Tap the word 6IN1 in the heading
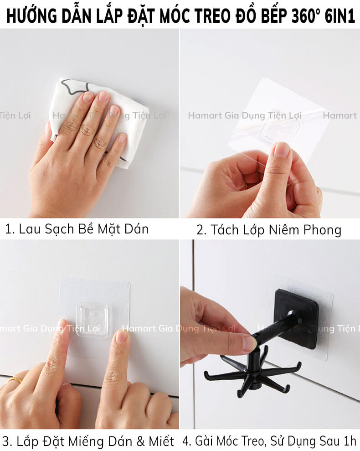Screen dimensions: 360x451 (339, 16)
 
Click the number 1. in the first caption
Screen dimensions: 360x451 (10, 229)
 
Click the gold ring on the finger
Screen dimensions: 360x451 (15, 380)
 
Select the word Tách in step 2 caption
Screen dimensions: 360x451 (223, 230)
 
